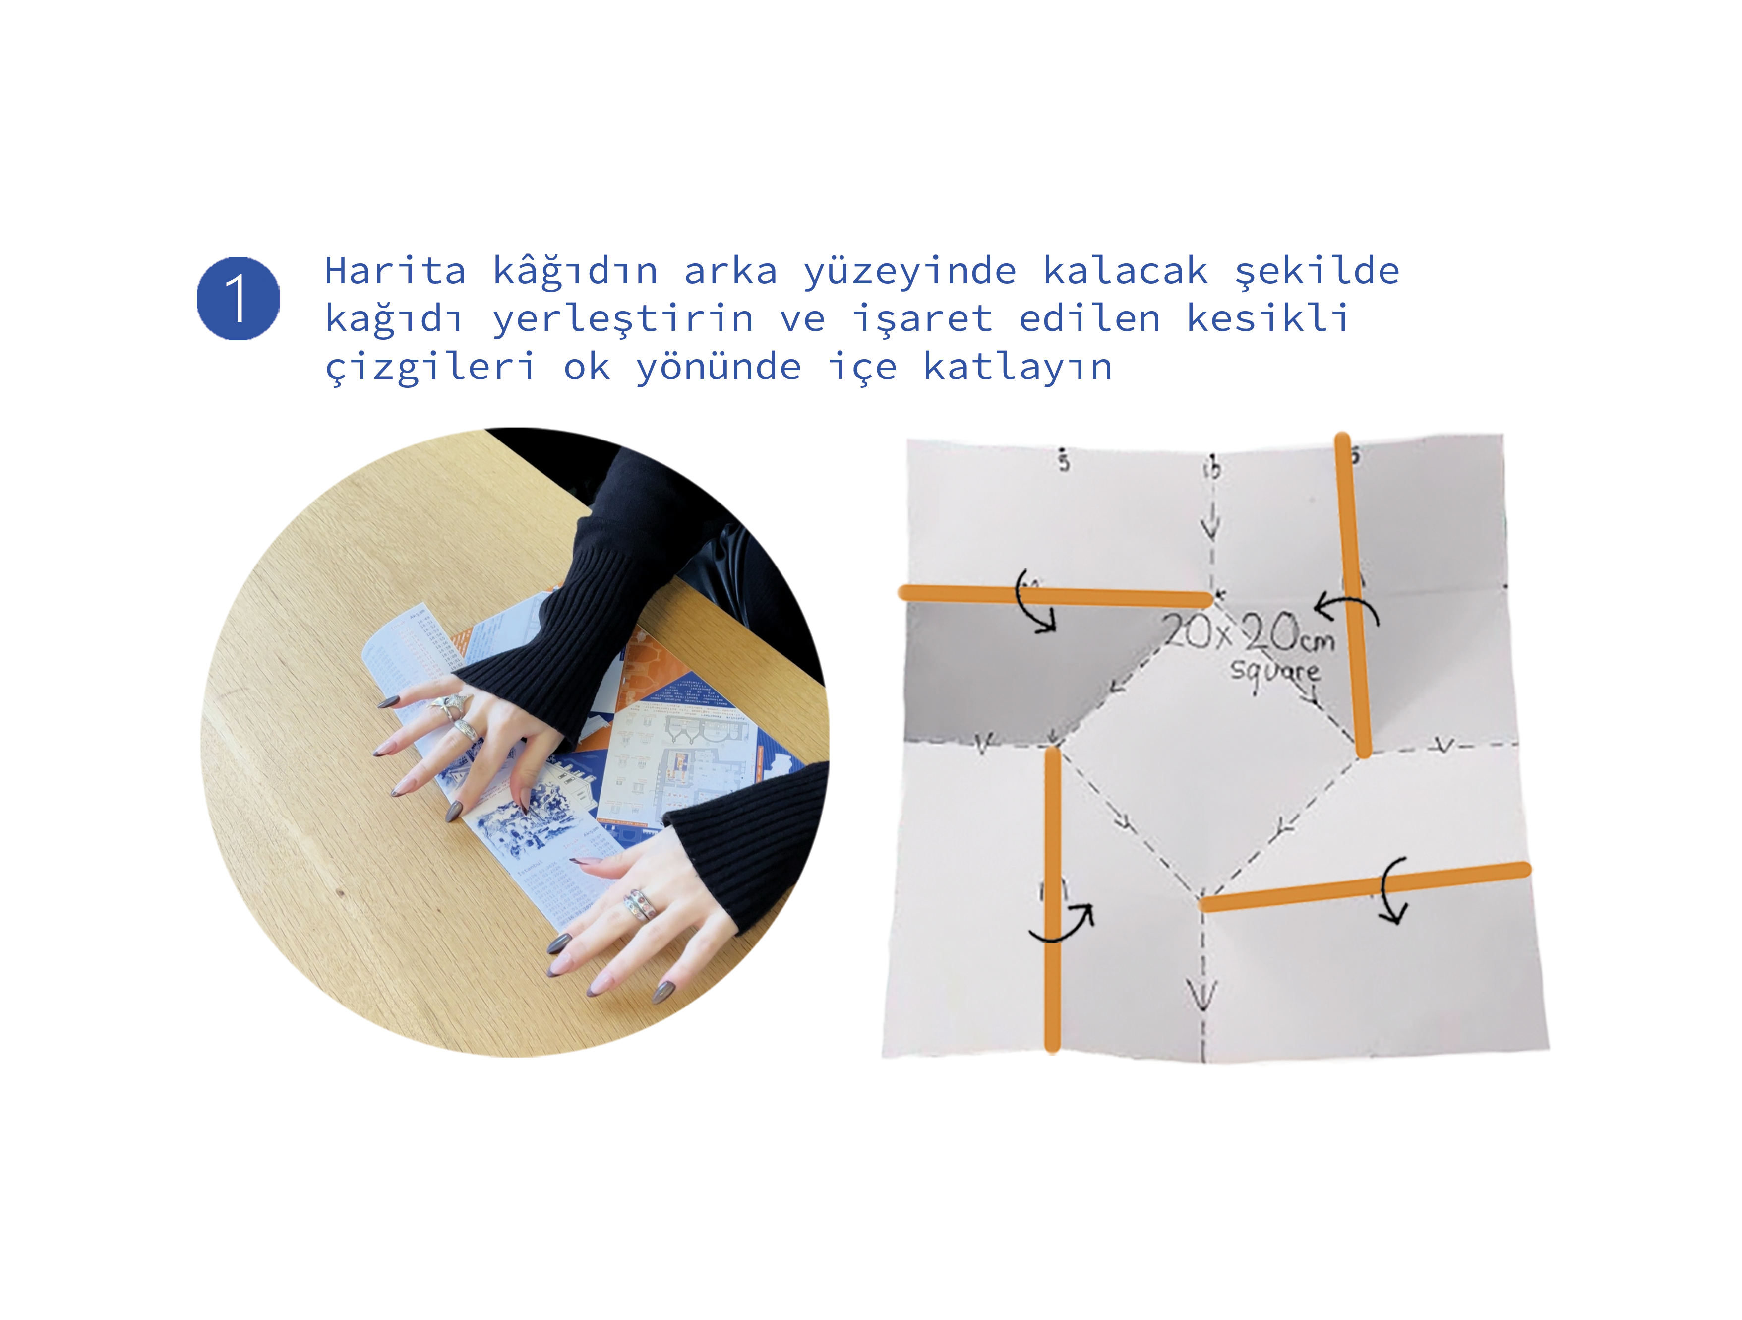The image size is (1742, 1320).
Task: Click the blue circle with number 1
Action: click(x=238, y=299)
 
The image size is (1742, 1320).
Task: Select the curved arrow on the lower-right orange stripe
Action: click(x=1392, y=890)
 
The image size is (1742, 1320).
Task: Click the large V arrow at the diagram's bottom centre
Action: click(x=1202, y=994)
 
